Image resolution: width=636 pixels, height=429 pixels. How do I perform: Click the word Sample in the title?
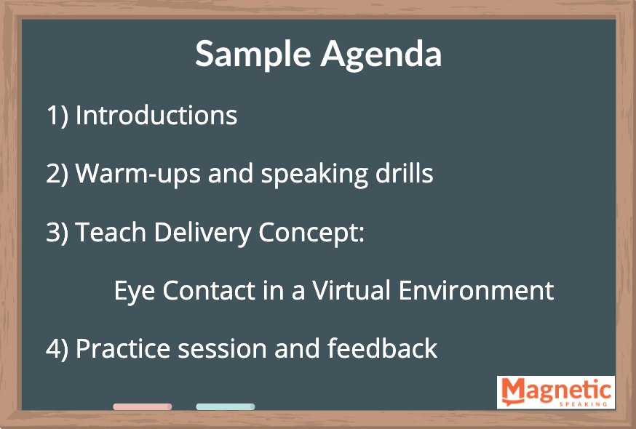point(253,55)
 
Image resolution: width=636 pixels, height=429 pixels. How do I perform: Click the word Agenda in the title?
point(381,55)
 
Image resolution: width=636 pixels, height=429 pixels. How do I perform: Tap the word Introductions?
point(156,116)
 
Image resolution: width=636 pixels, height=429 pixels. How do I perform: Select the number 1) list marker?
point(57,116)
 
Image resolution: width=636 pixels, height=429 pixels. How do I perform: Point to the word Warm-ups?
point(138,175)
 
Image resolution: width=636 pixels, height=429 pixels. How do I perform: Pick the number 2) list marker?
point(57,175)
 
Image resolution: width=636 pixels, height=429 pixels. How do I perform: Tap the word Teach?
point(111,233)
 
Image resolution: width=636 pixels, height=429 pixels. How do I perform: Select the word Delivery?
point(203,233)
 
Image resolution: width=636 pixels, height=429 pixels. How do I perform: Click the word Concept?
point(311,233)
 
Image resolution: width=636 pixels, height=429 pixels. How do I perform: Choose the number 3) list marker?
point(57,233)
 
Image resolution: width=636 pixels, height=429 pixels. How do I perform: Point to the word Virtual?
point(351,290)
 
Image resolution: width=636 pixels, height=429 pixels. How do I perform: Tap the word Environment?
point(476,290)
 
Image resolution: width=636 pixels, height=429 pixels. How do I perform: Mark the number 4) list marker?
point(57,349)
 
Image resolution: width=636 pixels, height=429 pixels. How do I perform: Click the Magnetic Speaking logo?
point(556,392)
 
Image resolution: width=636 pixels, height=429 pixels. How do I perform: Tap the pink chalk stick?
point(143,406)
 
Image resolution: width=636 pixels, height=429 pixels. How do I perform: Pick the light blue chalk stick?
point(226,406)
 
